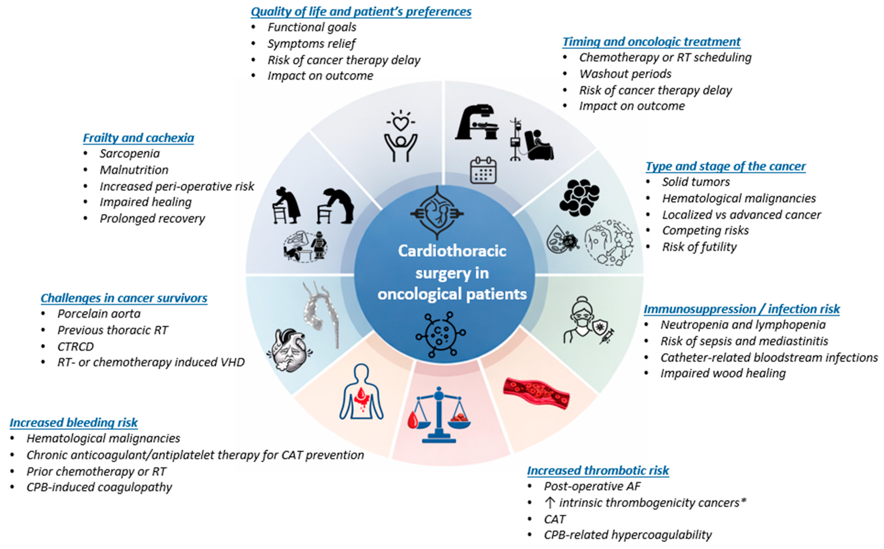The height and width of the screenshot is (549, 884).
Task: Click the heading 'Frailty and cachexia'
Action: pyautogui.click(x=138, y=138)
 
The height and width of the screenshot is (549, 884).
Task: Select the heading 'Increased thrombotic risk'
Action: pyautogui.click(x=598, y=471)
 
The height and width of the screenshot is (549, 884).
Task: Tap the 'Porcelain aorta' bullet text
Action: pyautogui.click(x=99, y=314)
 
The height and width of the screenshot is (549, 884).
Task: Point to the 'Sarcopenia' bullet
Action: pyautogui.click(x=130, y=154)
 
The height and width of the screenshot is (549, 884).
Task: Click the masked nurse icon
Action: pyautogui.click(x=581, y=319)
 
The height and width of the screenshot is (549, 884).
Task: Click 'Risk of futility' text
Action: pyautogui.click(x=699, y=247)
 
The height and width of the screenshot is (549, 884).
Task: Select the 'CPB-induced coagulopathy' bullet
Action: pyautogui.click(x=99, y=487)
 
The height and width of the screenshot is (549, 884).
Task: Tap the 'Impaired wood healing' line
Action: pyautogui.click(x=723, y=373)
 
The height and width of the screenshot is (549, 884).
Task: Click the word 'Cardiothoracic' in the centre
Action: pyautogui.click(x=452, y=251)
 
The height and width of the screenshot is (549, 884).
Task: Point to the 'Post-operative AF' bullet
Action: pyautogui.click(x=592, y=486)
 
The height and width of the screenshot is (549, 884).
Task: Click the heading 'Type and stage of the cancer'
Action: pyautogui.click(x=725, y=166)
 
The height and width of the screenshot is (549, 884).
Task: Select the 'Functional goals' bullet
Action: pyautogui.click(x=312, y=27)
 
